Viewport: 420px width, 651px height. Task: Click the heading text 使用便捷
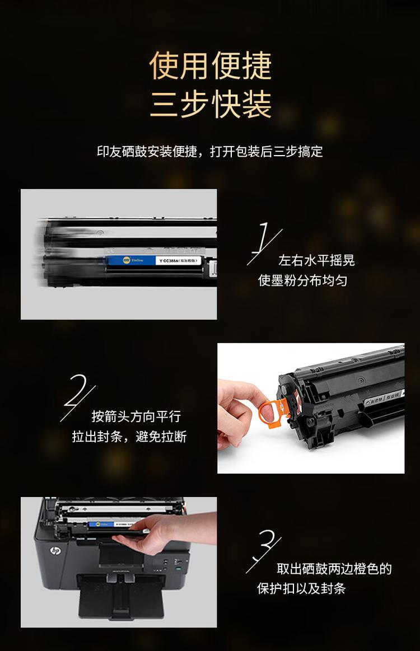[x=210, y=66]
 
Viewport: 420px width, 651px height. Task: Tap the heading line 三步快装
[x=210, y=104]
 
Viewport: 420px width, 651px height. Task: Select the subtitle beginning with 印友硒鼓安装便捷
[x=210, y=152]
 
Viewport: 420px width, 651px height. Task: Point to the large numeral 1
[x=263, y=242]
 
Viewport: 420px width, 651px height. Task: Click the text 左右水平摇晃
[x=316, y=261]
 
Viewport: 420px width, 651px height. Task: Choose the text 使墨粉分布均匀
[x=302, y=280]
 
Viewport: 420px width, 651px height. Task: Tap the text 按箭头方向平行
[x=136, y=417]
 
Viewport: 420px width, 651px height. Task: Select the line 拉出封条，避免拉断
[x=129, y=437]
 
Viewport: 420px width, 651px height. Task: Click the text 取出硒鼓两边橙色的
[x=334, y=569]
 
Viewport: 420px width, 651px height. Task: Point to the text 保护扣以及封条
[x=301, y=589]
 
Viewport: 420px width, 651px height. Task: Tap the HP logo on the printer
[x=55, y=551]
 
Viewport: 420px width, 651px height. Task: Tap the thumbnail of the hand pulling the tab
[x=311, y=408]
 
